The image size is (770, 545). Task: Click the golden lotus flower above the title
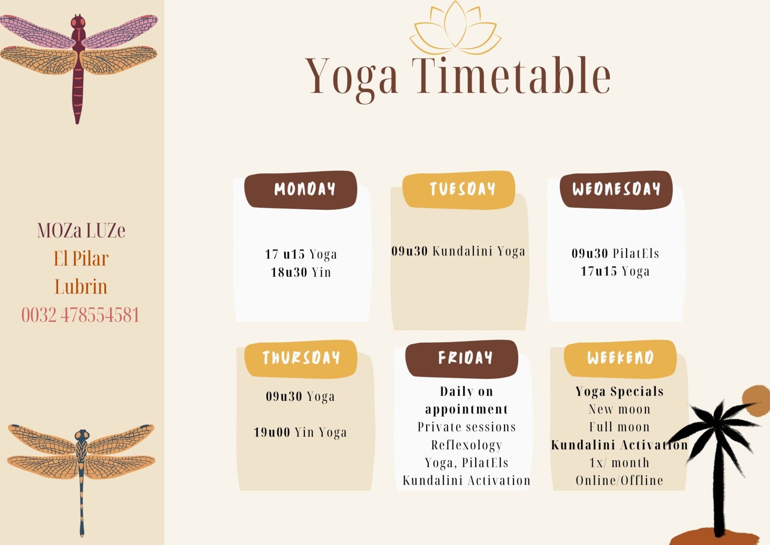point(455,28)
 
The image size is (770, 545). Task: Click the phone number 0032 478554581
point(80,315)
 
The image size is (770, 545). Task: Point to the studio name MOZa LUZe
point(81,231)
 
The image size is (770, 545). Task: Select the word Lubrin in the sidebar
point(81,287)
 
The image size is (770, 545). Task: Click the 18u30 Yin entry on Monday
point(301,272)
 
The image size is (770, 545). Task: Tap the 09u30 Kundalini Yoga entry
point(458,251)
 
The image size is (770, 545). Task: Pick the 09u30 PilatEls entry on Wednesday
point(616,253)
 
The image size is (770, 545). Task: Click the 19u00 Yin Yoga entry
point(300,433)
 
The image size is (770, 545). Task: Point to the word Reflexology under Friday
point(467,445)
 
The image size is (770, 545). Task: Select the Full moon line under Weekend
point(620,427)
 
